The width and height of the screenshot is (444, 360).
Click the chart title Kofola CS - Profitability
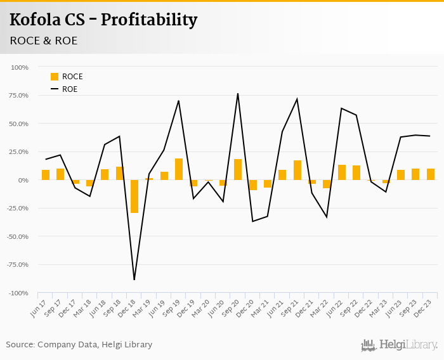103,20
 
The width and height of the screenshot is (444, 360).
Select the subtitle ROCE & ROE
43,41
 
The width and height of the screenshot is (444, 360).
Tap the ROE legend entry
67,89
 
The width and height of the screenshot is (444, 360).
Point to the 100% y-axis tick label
19,67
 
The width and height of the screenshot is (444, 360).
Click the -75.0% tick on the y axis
17,265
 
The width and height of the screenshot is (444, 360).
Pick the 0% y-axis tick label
22,180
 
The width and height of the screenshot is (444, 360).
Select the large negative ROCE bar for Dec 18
134,196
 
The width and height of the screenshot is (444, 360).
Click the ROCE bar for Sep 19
179,169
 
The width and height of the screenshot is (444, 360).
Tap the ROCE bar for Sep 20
238,170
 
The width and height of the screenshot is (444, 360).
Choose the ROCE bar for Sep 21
297,170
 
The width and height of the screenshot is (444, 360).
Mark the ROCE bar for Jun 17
46,175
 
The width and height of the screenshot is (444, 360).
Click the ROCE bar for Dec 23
430,174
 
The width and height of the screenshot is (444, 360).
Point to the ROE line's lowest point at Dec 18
134,280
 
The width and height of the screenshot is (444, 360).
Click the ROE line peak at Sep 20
238,94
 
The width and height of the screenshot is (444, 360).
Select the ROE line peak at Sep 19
179,101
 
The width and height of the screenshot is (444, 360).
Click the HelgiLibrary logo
400,345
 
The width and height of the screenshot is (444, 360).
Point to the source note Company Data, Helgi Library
79,345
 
